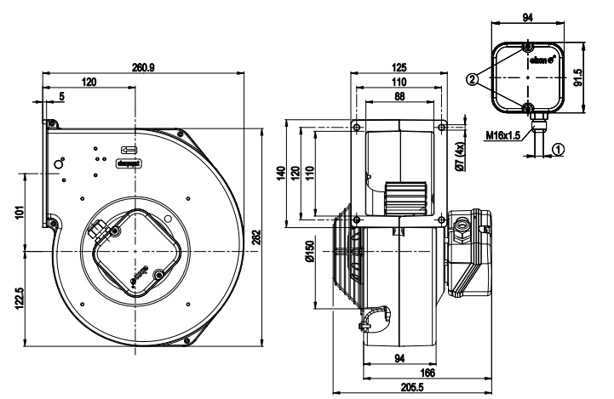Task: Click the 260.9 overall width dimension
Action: pyautogui.click(x=144, y=67)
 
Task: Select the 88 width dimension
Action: pyautogui.click(x=400, y=95)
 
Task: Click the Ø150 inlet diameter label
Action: pyautogui.click(x=309, y=254)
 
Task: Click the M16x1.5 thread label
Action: pyautogui.click(x=503, y=134)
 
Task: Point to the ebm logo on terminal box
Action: pyautogui.click(x=542, y=60)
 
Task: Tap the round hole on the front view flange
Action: pyautogui.click(x=59, y=162)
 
